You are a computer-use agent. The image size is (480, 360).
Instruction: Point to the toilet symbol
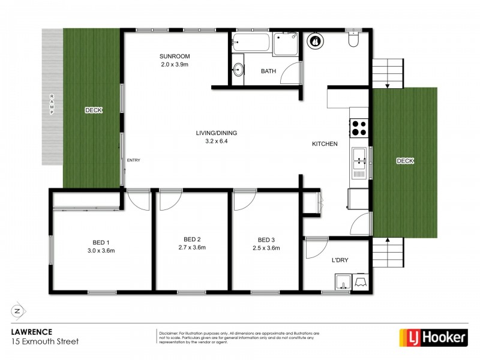click(353, 40)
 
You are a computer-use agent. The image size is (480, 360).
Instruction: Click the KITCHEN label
click(325, 144)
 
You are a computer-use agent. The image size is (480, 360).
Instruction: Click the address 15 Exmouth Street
click(45, 341)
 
